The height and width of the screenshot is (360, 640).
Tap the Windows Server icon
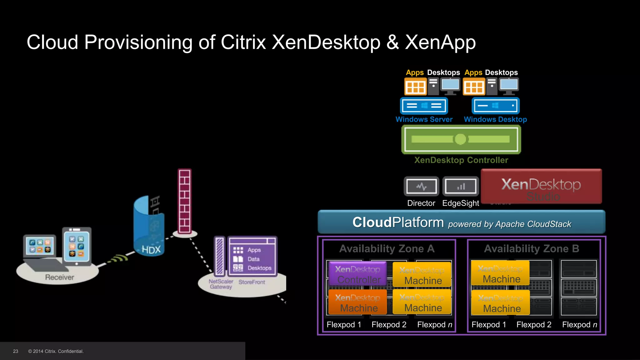pos(424,106)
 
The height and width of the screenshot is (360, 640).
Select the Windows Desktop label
pos(495,119)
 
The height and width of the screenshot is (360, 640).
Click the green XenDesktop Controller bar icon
pos(461,139)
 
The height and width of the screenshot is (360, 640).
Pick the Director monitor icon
pos(421,187)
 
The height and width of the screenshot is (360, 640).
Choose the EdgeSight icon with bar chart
pos(461,187)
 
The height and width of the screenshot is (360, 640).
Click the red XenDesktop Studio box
pos(541,187)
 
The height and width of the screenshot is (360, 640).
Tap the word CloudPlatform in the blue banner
pos(398,222)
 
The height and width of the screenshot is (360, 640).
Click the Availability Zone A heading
pos(387,249)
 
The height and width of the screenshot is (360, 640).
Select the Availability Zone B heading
pos(531,249)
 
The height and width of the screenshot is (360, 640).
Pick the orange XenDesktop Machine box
pos(357,302)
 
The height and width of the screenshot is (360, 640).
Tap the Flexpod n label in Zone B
pos(579,325)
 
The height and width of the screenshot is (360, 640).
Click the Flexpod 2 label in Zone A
pos(389,325)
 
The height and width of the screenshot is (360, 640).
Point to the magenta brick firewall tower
pos(184,202)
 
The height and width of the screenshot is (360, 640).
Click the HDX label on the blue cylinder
pos(151,250)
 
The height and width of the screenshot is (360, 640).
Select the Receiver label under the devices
pos(60,277)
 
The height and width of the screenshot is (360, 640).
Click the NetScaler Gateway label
pos(221,284)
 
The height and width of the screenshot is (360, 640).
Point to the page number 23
pos(16,351)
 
